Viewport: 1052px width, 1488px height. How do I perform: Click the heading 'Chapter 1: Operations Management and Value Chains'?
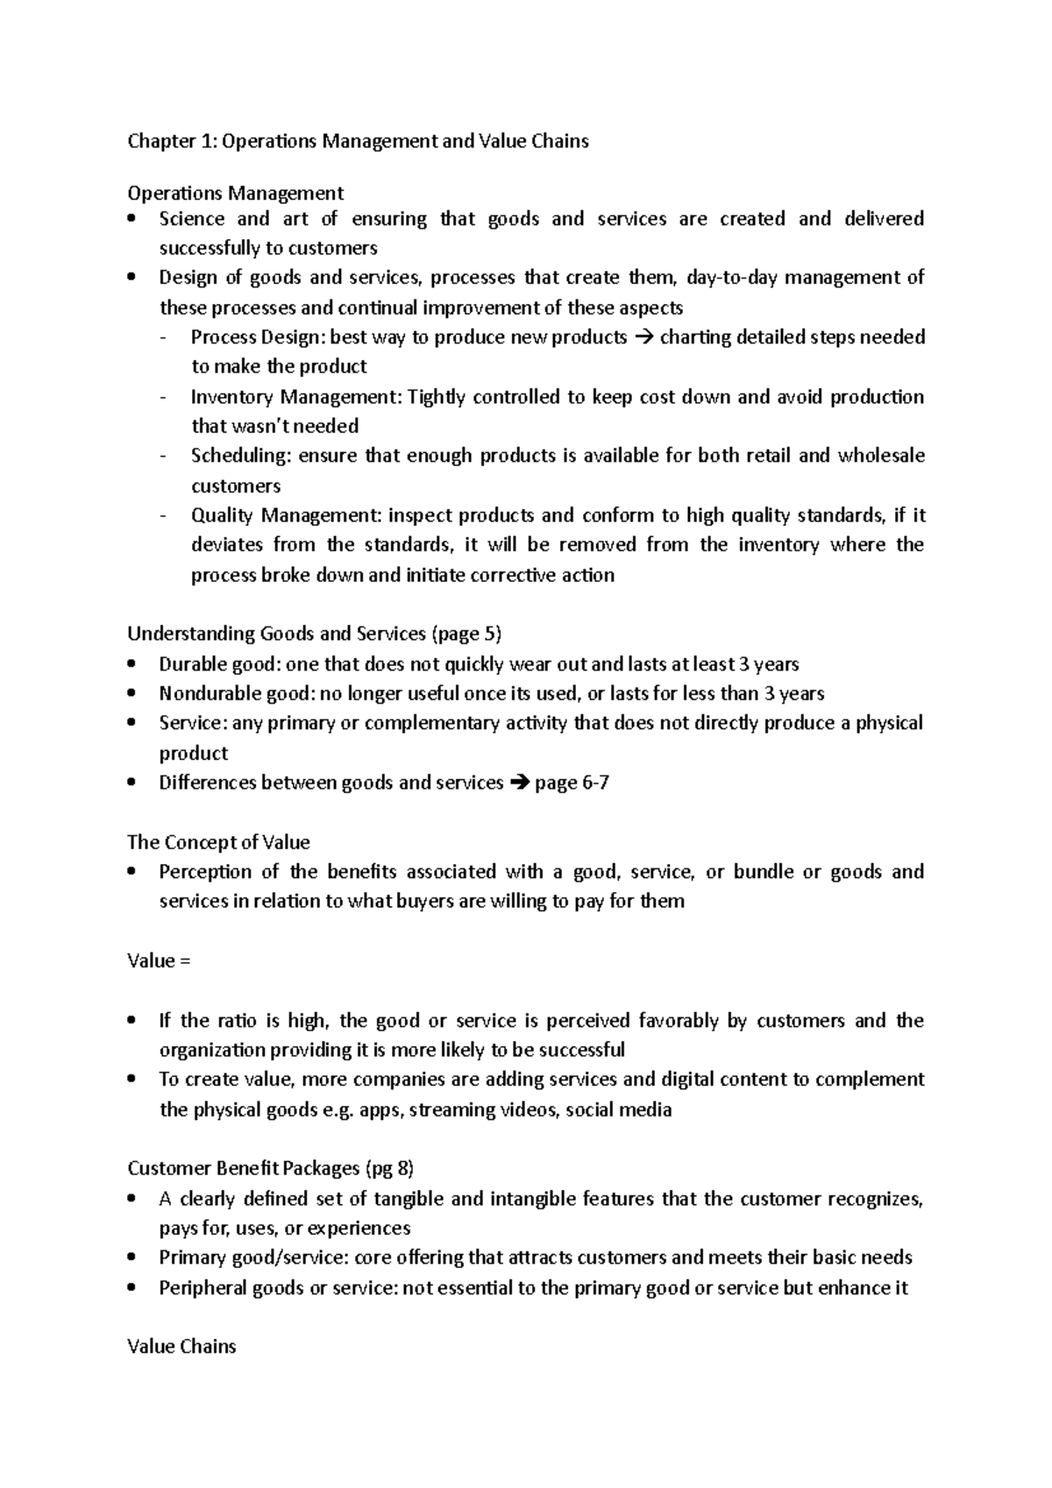[358, 141]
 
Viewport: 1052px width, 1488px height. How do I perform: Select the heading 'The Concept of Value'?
[218, 842]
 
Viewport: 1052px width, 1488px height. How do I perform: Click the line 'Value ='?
[159, 960]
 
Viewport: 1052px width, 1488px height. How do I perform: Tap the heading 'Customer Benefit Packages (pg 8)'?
[271, 1168]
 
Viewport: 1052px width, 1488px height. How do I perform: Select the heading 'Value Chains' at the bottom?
[181, 1347]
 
